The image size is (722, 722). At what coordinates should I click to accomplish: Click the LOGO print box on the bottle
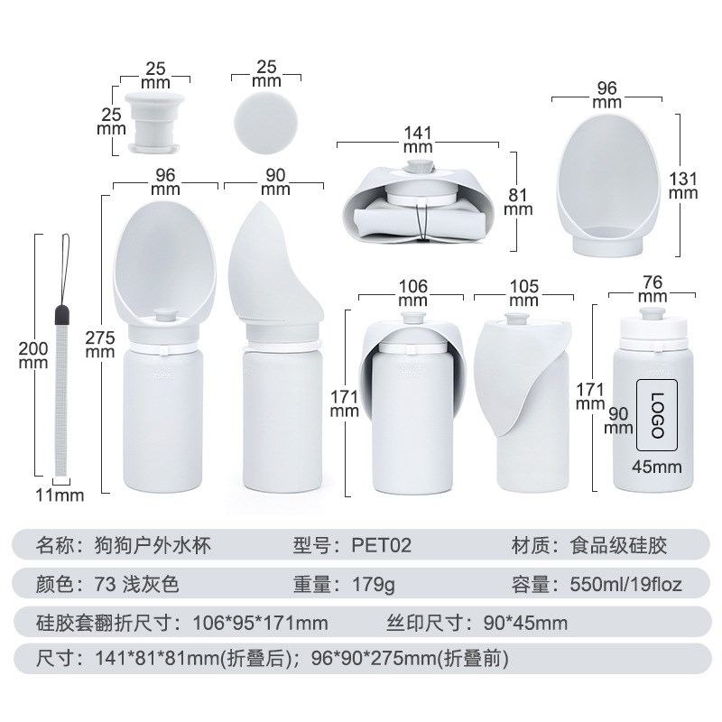(658, 414)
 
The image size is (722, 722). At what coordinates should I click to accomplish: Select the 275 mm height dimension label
(98, 344)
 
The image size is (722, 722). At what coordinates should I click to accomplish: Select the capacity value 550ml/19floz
(625, 584)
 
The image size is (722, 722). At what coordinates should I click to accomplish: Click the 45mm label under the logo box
(655, 467)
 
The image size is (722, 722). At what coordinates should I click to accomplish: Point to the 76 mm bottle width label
(652, 289)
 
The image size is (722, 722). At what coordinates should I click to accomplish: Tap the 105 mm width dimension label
(524, 293)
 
